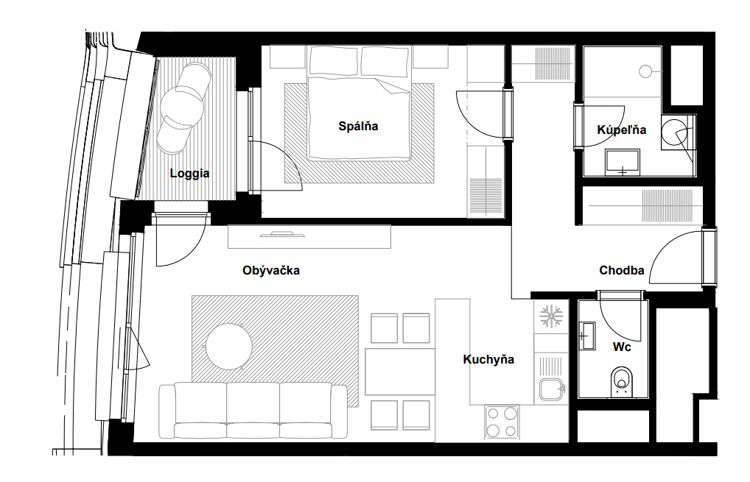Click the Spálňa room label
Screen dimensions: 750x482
[x=358, y=126]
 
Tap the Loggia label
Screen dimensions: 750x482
[x=189, y=174]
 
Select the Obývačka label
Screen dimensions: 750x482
[x=271, y=270]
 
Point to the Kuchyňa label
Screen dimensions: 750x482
[x=488, y=359]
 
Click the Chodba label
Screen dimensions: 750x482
[x=622, y=270]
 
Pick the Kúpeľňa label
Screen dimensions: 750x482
[x=621, y=130]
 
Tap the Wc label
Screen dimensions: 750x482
[x=622, y=347]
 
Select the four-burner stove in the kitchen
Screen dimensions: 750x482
[x=502, y=422]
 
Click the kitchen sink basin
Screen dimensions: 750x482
[x=551, y=389]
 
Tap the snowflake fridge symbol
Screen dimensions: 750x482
[x=552, y=316]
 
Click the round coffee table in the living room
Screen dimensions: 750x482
[x=228, y=347]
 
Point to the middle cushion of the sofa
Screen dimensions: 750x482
[x=253, y=410]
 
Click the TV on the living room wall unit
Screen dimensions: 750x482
[x=282, y=233]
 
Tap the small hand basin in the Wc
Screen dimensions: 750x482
[x=587, y=336]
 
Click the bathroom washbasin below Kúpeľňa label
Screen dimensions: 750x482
[x=623, y=163]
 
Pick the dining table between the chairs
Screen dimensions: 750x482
[x=400, y=372]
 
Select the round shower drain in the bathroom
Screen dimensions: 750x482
[x=645, y=71]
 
